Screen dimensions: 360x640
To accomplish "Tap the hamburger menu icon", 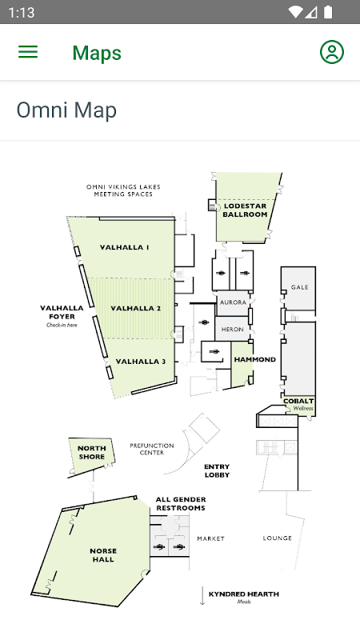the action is tap(28, 52).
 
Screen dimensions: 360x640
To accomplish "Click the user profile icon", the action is tap(332, 52).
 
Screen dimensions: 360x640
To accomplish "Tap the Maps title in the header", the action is tap(97, 53).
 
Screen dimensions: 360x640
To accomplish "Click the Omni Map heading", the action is tap(66, 110).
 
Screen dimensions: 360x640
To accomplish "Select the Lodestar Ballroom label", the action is tap(245, 210).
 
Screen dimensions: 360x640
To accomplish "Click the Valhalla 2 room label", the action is tap(135, 308).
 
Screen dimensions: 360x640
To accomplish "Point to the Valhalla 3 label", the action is tap(141, 362).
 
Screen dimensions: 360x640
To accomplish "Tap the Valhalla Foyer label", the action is tap(62, 312).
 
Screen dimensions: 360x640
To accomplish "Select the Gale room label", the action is tap(299, 287).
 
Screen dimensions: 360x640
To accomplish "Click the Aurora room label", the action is tap(233, 302).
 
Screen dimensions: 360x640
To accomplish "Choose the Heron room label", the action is tap(232, 330).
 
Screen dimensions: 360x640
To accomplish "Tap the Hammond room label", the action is tap(254, 359).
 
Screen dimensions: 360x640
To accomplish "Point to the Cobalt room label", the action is tap(298, 402).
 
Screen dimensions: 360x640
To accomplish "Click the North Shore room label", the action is tap(92, 452).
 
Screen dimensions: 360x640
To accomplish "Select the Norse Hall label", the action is tap(103, 555).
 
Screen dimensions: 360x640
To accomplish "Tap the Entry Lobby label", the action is tap(217, 470).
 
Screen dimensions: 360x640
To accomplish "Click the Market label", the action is tap(211, 538).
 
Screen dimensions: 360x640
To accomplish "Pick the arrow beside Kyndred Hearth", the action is tap(202, 596).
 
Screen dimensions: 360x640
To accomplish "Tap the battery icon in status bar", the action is tap(328, 12).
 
